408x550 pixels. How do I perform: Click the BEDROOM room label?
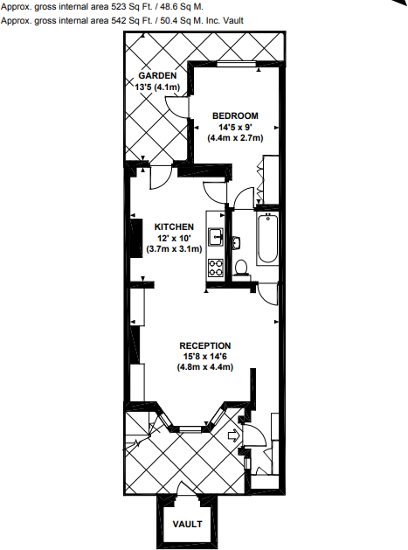click(x=235, y=115)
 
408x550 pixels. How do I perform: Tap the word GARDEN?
click(x=156, y=75)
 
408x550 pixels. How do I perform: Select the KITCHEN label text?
click(x=174, y=226)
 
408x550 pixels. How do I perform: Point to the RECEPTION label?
click(x=205, y=345)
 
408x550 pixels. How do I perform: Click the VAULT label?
click(x=186, y=525)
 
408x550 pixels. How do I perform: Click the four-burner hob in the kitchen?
click(x=216, y=268)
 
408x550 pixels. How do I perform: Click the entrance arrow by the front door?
click(x=232, y=434)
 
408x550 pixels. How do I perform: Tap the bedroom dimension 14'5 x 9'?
click(x=235, y=127)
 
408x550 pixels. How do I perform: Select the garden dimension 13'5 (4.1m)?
click(x=156, y=87)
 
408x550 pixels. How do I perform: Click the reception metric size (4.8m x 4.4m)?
click(x=205, y=367)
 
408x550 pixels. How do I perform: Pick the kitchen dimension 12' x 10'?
click(x=174, y=238)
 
